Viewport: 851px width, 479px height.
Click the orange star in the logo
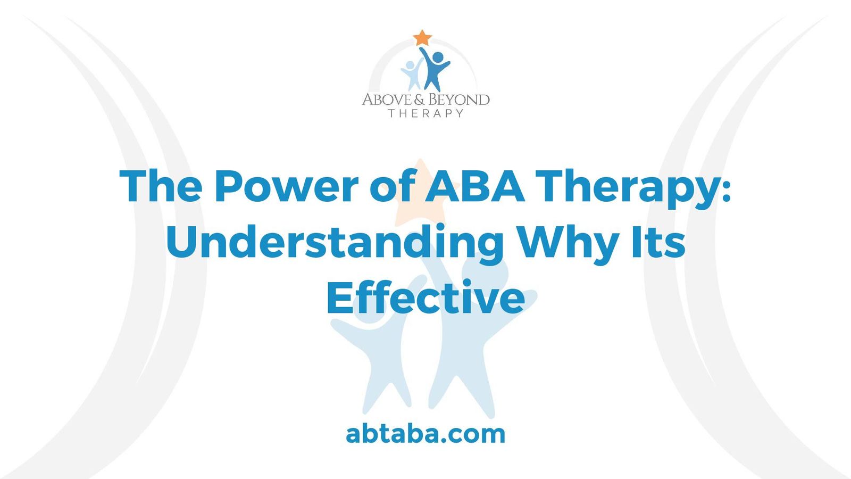(422, 38)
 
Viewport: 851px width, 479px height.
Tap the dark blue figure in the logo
(435, 69)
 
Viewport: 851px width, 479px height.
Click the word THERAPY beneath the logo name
(425, 113)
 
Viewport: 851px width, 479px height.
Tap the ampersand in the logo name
(420, 100)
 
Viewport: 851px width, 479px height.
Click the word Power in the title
(286, 186)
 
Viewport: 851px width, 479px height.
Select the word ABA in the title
(474, 186)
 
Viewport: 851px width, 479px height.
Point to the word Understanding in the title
(335, 243)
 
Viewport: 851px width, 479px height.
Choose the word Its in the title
(658, 242)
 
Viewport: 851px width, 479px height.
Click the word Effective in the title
(425, 298)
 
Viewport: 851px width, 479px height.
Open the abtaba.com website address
(425, 434)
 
